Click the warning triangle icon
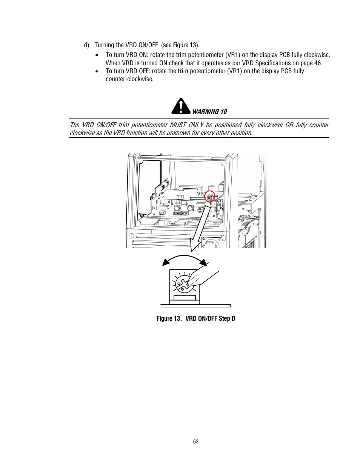[x=181, y=106]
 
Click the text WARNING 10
[x=209, y=112]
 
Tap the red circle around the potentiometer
[x=209, y=197]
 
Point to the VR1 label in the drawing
[x=201, y=194]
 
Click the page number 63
[x=195, y=441]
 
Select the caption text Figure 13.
[x=169, y=318]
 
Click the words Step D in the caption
[x=227, y=318]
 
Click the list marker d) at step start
[x=86, y=45]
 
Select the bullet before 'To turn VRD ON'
[x=97, y=55]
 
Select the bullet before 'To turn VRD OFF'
[x=97, y=71]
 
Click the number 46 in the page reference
[x=318, y=63]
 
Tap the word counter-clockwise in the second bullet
[x=129, y=79]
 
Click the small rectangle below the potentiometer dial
[x=185, y=298]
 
